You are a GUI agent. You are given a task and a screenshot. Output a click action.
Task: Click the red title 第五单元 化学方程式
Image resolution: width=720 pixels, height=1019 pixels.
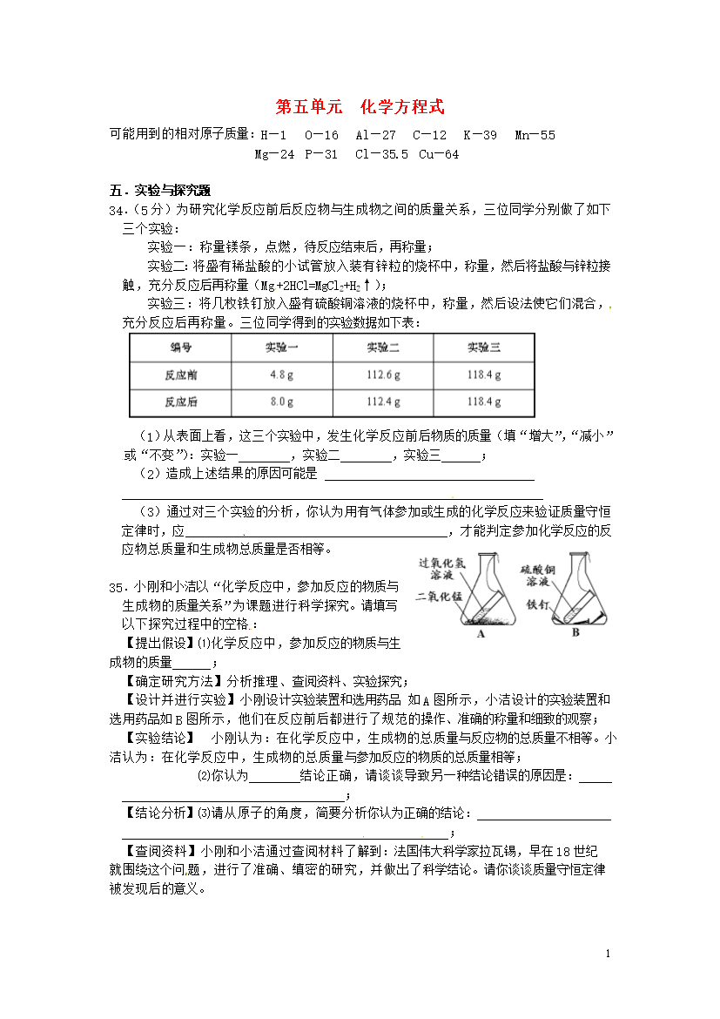(360, 107)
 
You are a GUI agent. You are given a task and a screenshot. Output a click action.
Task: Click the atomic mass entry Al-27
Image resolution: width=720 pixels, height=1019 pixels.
(375, 136)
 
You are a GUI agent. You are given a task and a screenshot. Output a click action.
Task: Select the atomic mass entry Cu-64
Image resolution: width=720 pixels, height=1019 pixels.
(438, 155)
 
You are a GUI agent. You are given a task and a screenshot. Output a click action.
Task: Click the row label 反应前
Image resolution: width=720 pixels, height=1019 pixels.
(180, 375)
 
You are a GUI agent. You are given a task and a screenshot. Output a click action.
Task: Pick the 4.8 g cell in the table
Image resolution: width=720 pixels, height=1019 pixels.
(281, 375)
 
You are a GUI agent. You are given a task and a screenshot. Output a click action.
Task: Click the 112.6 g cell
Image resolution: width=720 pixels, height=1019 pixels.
(383, 375)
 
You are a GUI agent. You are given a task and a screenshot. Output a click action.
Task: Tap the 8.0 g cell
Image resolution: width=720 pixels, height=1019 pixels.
(281, 402)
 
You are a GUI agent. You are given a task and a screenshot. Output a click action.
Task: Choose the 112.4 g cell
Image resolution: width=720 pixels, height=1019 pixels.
(383, 402)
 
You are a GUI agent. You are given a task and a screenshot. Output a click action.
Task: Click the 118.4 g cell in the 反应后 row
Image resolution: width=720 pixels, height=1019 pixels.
(484, 402)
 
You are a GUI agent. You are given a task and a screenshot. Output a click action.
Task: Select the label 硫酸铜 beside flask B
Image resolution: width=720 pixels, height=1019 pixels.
(537, 567)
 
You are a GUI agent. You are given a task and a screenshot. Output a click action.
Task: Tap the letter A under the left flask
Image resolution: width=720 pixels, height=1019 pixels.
(480, 634)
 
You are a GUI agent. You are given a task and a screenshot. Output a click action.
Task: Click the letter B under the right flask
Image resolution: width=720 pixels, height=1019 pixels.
(575, 634)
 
